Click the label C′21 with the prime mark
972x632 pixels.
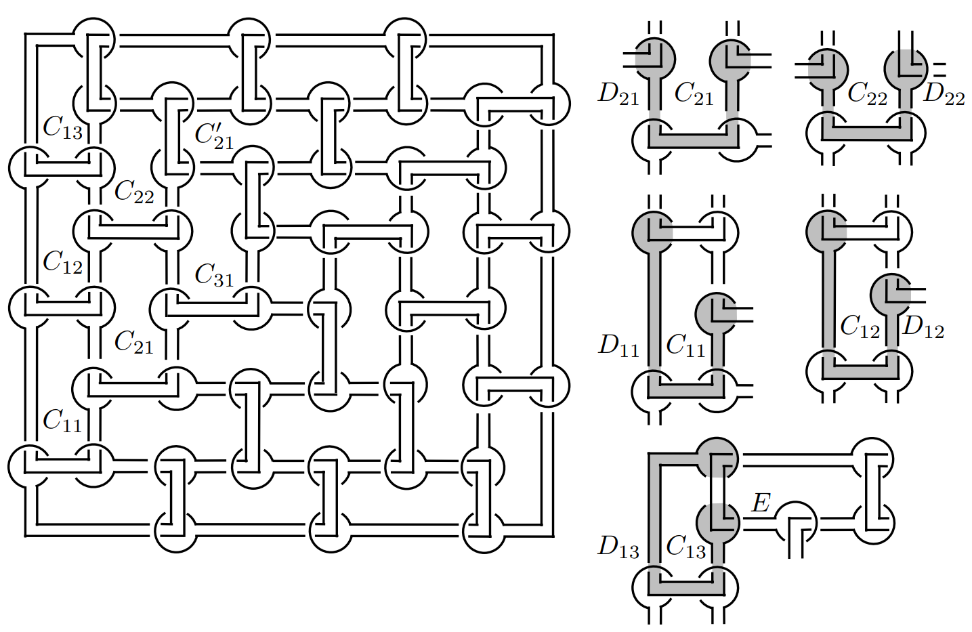(214, 135)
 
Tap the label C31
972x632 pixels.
(214, 274)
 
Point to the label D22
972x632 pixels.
(944, 94)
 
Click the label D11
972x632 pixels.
(618, 345)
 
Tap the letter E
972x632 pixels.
(761, 503)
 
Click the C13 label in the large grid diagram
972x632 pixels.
(62, 127)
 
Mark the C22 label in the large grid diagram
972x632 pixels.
(134, 192)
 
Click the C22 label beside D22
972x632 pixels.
(867, 94)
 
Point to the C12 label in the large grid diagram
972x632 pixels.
(62, 261)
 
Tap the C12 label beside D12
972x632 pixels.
(860, 327)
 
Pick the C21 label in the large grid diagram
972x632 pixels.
(134, 342)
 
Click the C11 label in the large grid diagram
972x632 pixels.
(62, 421)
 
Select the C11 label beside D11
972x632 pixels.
(685, 345)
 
